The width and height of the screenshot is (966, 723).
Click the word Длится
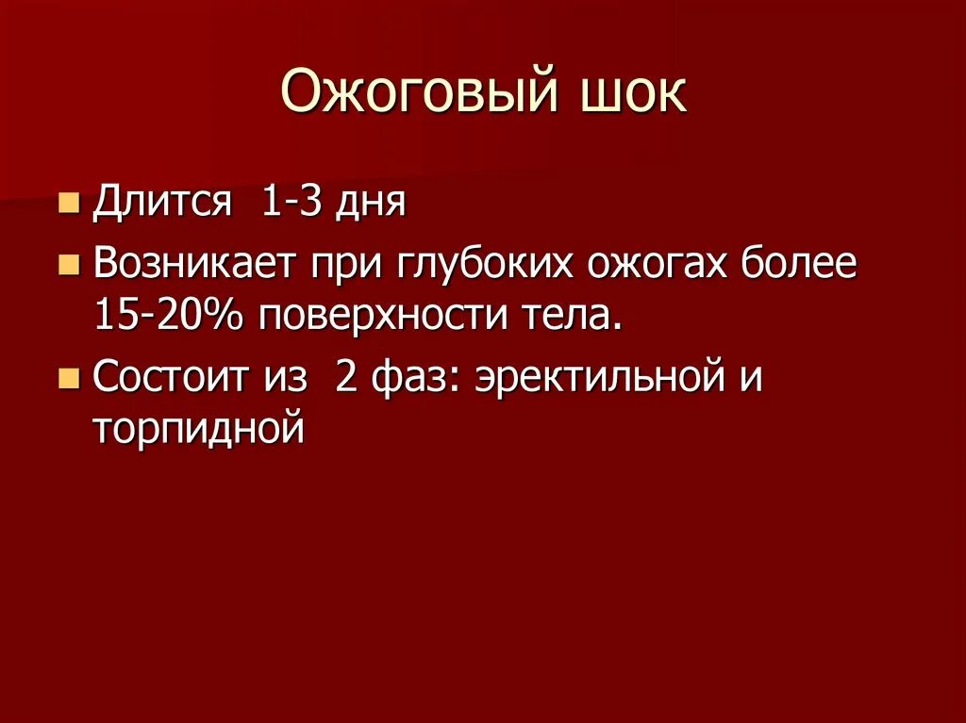click(162, 204)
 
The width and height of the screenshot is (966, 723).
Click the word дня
click(373, 204)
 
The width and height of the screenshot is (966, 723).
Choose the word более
click(804, 264)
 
